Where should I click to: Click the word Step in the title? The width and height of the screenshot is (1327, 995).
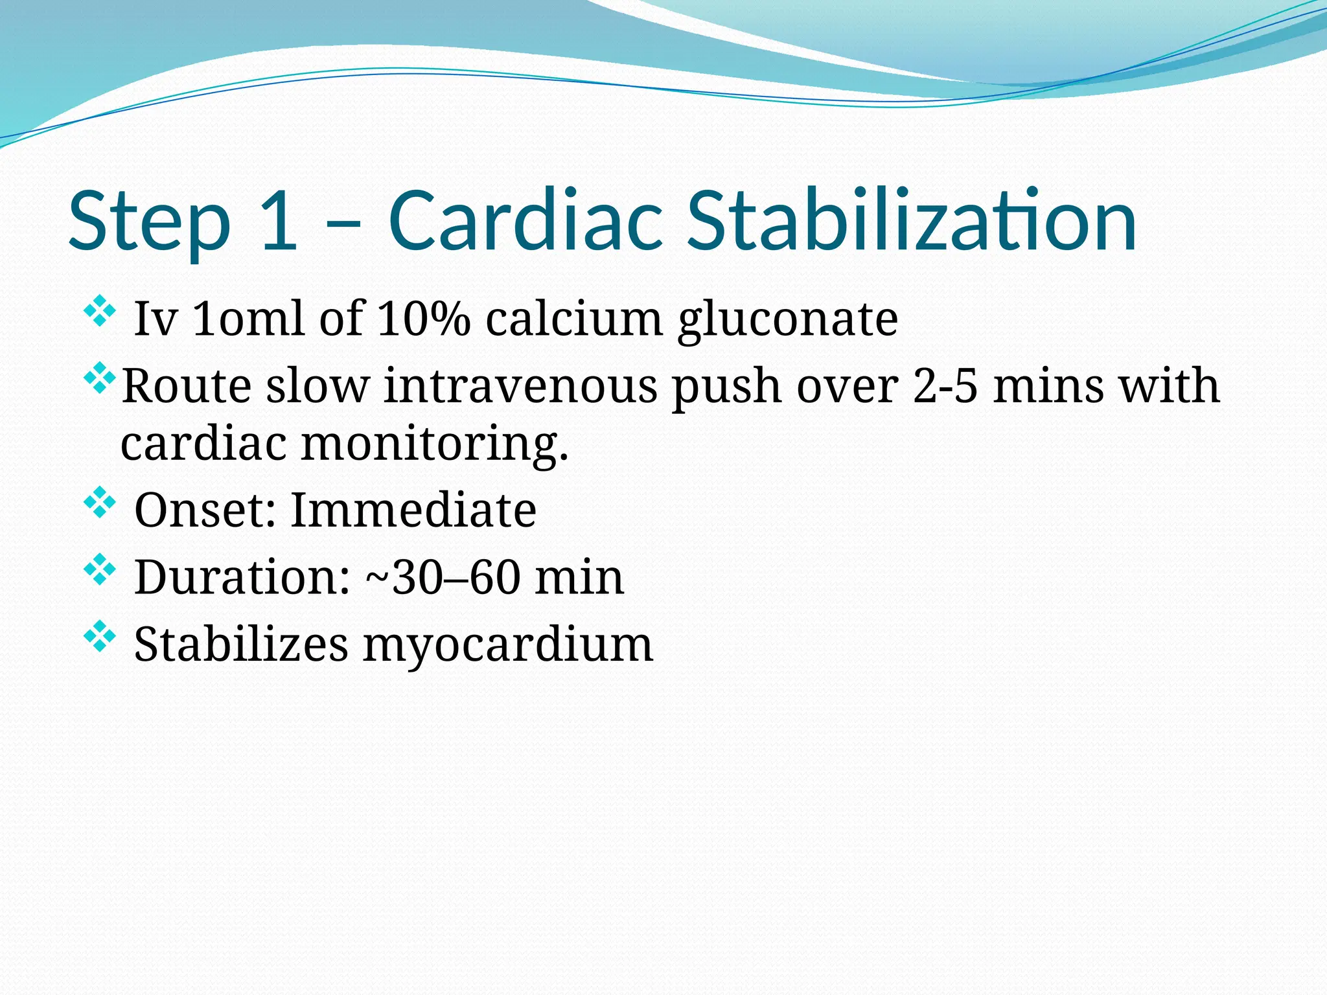click(x=150, y=222)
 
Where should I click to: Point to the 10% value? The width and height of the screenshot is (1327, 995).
click(x=424, y=319)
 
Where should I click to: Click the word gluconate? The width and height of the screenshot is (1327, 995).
click(x=787, y=320)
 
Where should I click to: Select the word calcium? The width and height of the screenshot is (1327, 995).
click(x=574, y=319)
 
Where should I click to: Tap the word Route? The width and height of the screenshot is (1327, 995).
click(x=187, y=386)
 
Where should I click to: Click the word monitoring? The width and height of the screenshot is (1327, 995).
click(x=435, y=444)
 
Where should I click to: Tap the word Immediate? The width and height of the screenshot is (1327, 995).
click(x=413, y=510)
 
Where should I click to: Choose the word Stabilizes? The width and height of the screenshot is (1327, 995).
click(x=241, y=645)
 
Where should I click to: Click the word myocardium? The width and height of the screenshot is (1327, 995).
click(x=507, y=646)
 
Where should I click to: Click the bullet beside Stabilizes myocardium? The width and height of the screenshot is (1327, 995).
click(x=100, y=636)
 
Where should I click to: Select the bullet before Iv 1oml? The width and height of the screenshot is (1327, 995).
click(x=100, y=310)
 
